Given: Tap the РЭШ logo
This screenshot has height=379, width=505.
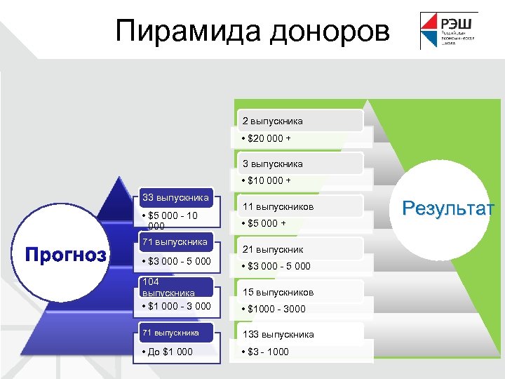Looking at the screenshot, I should [x=448, y=31].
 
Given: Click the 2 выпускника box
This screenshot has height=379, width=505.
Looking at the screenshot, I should [x=273, y=121].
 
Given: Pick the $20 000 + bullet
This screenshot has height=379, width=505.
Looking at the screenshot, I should [x=267, y=138].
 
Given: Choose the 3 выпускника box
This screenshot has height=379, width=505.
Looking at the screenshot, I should [x=273, y=164].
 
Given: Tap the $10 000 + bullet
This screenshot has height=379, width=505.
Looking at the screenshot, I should [x=267, y=180].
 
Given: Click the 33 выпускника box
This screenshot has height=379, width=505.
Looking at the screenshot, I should [x=175, y=197].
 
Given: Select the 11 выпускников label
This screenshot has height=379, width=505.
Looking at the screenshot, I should [x=278, y=207].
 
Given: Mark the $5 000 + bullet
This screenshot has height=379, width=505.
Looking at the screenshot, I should [x=265, y=223].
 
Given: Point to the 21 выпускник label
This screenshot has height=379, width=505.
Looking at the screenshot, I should [x=273, y=249].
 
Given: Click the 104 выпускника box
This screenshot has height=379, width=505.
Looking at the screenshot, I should [x=168, y=287].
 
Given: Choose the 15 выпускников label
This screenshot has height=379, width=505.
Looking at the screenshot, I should [x=278, y=292].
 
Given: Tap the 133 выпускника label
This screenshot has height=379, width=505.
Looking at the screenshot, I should [x=278, y=334].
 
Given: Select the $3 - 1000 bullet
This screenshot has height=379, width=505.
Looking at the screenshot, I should [x=264, y=351].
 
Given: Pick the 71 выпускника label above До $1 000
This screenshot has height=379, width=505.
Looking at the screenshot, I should [x=170, y=332].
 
